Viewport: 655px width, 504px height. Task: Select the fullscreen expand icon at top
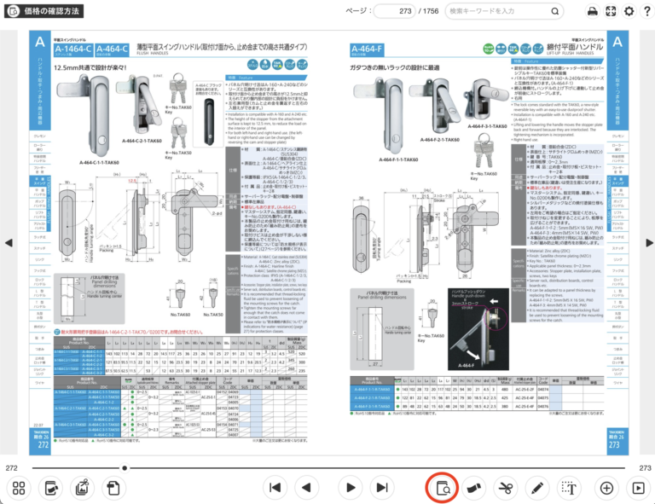610,11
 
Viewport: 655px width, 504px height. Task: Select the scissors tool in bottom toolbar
505,488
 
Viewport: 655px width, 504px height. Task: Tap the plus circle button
606,488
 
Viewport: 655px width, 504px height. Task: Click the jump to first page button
275,488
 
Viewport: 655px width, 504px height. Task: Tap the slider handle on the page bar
126,468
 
